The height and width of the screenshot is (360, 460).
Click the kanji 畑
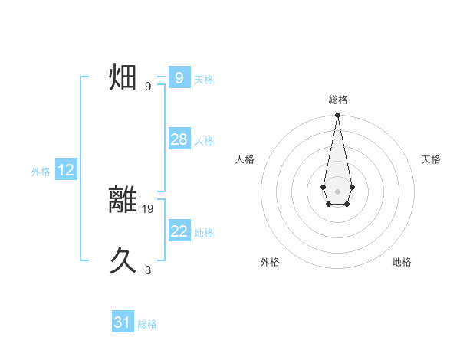123,77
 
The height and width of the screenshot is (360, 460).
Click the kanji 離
123,199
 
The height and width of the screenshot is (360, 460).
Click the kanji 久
123,261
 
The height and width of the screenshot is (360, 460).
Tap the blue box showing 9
179,78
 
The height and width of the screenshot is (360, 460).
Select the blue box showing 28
179,139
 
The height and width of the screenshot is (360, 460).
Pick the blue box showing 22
179,231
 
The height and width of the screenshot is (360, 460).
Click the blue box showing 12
66,170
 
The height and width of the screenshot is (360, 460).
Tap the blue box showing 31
123,322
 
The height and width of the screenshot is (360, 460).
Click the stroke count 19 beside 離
148,208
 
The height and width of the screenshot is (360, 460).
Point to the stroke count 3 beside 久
148,270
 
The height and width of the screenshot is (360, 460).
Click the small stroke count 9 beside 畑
148,86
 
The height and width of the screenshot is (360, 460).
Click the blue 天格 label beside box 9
204,80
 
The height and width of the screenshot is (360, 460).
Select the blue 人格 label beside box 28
204,141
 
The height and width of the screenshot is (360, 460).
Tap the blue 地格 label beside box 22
204,233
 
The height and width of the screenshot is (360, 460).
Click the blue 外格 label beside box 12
41,172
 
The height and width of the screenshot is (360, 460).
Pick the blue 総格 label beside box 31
147,324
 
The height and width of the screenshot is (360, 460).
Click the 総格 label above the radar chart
337,100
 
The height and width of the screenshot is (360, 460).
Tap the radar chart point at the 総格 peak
337,116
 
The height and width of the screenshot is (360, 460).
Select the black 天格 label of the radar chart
431,159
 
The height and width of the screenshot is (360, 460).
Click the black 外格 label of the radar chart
270,262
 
